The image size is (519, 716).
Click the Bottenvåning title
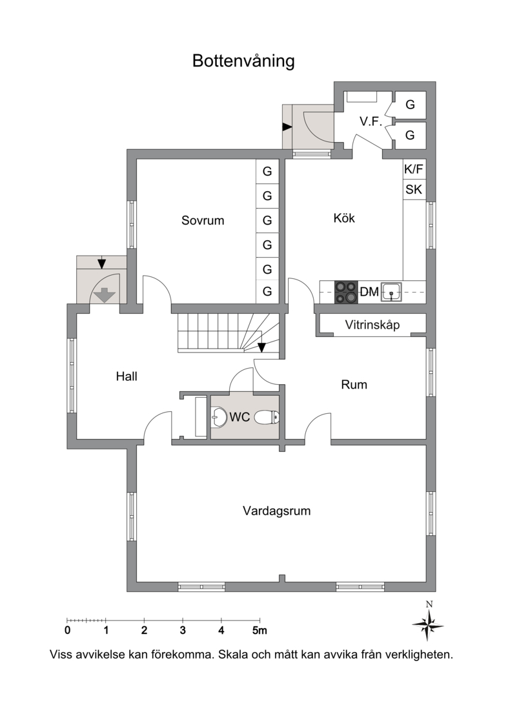(243, 61)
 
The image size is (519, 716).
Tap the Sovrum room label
(203, 221)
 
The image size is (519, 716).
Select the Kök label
(343, 218)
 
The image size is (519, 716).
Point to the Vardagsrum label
(277, 511)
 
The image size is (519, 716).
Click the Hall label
(127, 376)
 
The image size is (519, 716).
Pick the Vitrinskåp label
(372, 325)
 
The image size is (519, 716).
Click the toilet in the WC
(267, 418)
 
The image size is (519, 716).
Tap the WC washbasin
(219, 417)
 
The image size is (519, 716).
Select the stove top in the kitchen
(345, 292)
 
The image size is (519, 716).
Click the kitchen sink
(392, 292)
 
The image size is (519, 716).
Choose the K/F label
(414, 169)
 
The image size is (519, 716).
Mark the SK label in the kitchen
(414, 189)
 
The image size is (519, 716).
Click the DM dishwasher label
(369, 292)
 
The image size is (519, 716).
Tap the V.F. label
(371, 121)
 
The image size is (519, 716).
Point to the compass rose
(428, 624)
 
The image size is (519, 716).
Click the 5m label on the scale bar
(259, 631)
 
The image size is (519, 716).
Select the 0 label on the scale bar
(68, 631)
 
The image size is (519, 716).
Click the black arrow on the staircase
(261, 347)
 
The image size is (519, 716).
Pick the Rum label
(354, 385)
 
